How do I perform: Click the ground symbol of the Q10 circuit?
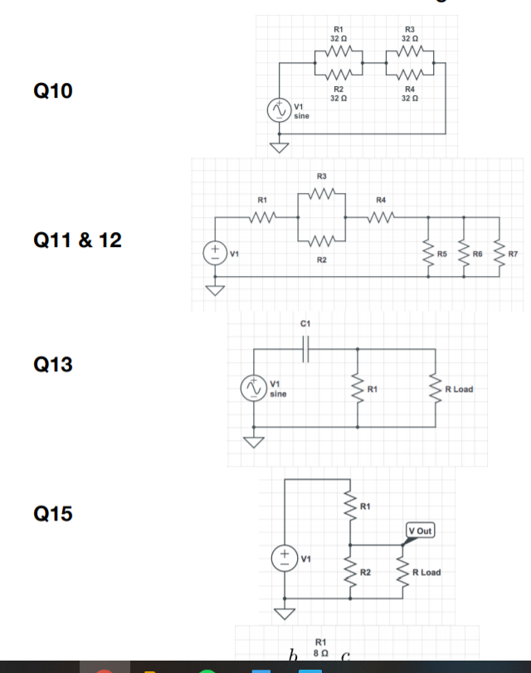pos(276,148)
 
